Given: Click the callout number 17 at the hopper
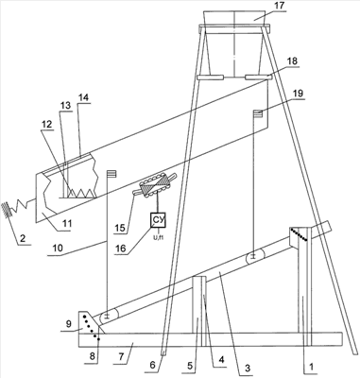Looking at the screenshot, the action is click(279, 6).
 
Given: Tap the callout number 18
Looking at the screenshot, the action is click(292, 61).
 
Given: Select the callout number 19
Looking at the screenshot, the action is click(298, 94).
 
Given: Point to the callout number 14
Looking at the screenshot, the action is click(83, 97).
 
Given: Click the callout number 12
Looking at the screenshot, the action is click(46, 125).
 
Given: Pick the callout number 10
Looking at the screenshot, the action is click(59, 249).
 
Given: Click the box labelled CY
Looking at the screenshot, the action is click(158, 220).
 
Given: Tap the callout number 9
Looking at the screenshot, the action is click(70, 323).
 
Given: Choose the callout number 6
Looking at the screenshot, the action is click(152, 365).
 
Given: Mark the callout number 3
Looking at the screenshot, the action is click(248, 368).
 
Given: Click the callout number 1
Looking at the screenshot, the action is click(311, 367).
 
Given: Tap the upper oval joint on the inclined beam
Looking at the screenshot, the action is click(254, 258).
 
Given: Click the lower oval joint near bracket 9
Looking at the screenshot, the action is click(108, 317).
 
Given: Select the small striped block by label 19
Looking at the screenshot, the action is click(258, 113).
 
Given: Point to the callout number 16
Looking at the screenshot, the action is click(121, 249).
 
